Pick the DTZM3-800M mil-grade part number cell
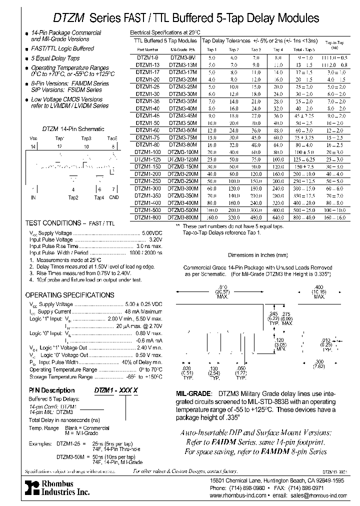pos(183,217)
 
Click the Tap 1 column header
pos(211,49)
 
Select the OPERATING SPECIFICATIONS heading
pos(69,295)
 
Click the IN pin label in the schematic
pos(33,197)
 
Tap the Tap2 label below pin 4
pos(73,197)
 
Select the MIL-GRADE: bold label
pos(195,393)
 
